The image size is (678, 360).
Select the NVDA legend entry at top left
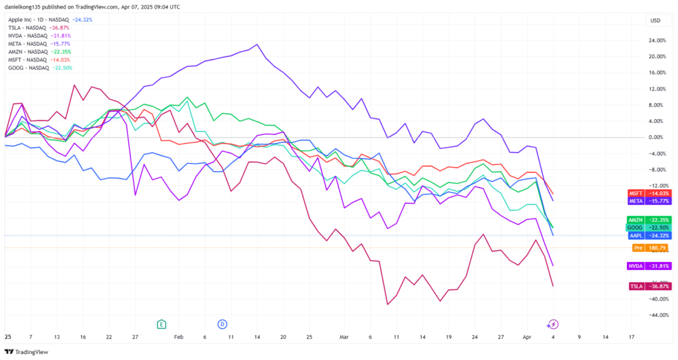coord(32,36)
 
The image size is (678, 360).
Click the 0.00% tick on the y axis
coord(657,137)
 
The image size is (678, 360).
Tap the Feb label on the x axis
coord(178,336)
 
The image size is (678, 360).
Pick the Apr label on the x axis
coord(527,336)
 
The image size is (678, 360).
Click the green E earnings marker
coord(161,324)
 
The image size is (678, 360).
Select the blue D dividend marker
coord(222,324)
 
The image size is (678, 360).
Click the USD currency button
coord(655,20)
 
